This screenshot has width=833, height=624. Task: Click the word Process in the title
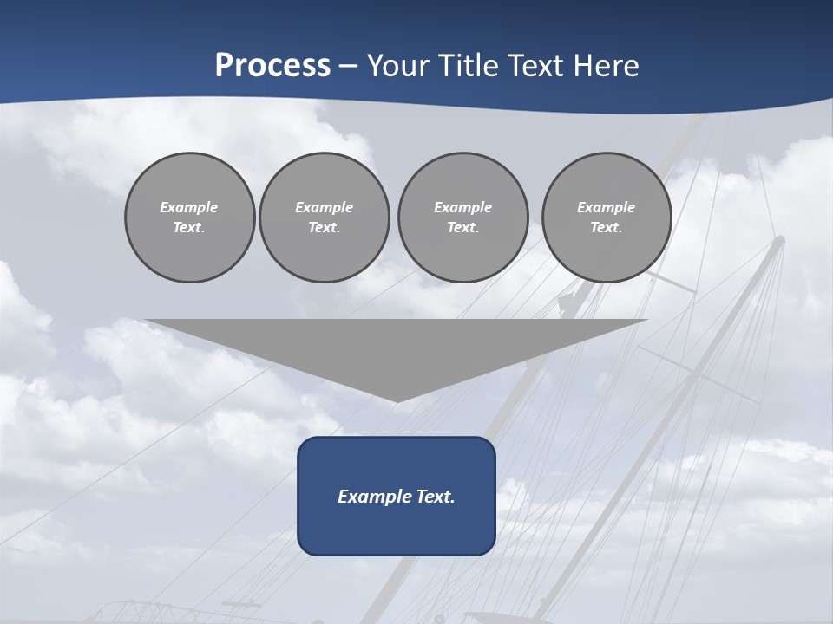(x=272, y=66)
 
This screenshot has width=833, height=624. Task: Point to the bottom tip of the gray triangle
(x=397, y=400)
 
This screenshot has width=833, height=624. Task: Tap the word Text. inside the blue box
(x=434, y=497)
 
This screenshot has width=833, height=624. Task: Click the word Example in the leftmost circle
(x=189, y=207)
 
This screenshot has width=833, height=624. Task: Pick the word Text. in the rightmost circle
(x=606, y=227)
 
